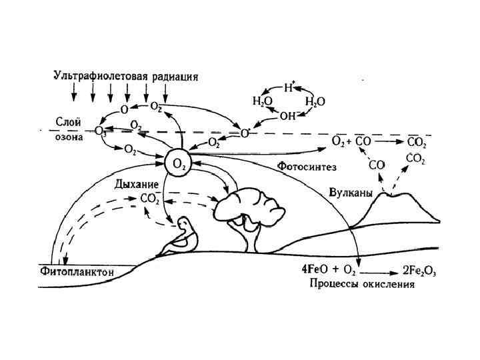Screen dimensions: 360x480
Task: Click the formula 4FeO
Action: (x=317, y=271)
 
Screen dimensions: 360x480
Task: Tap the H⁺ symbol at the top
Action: (x=289, y=87)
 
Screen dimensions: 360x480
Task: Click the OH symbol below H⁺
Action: (x=287, y=115)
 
